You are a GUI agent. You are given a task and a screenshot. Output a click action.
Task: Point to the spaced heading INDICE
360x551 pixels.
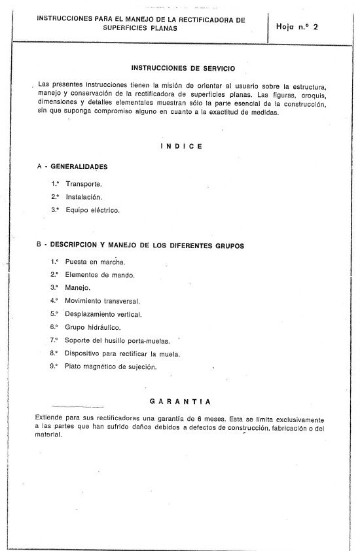point(181,147)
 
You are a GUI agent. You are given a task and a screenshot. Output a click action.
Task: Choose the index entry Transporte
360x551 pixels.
point(84,184)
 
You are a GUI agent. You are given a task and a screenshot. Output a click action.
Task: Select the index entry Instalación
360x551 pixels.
point(84,197)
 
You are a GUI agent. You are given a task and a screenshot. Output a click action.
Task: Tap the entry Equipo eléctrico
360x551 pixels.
point(92,210)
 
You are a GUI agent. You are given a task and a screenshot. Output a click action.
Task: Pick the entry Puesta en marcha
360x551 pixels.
point(96,262)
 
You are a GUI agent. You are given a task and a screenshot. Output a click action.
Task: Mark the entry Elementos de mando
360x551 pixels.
point(100,275)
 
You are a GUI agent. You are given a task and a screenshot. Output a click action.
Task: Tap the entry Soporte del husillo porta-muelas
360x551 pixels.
point(117,340)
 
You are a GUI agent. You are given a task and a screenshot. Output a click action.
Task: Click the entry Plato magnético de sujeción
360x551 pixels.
point(111,366)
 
